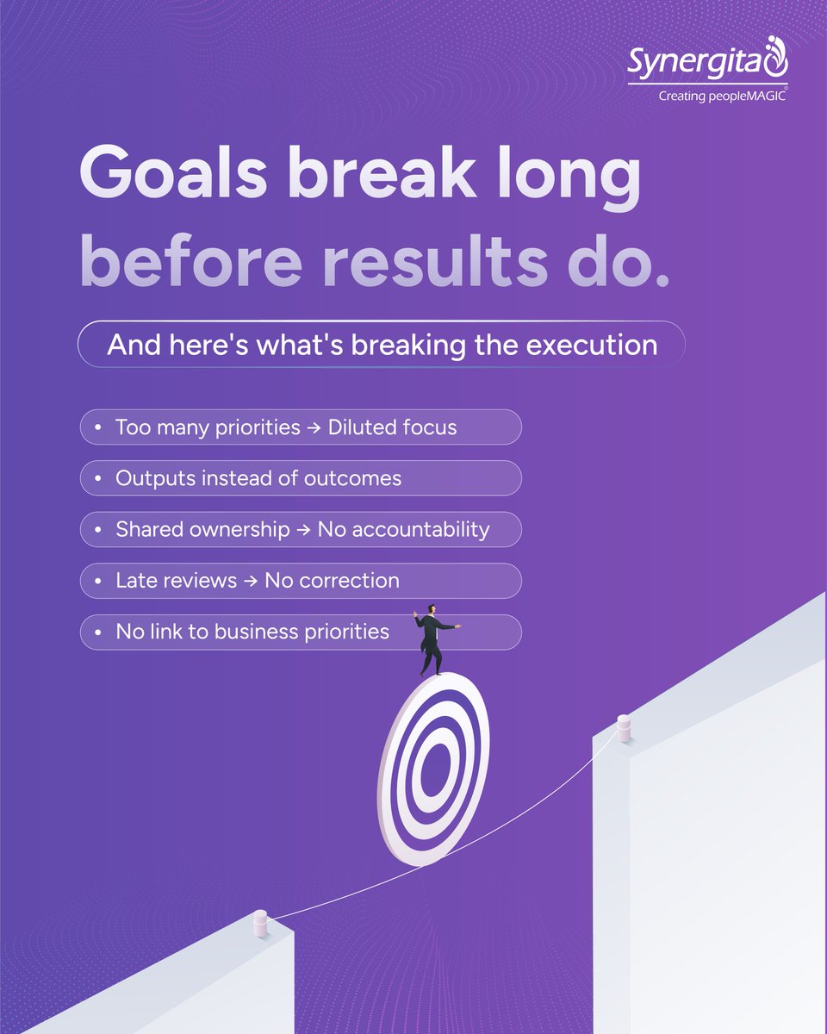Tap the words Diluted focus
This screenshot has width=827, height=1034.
coord(392,427)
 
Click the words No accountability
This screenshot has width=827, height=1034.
coord(402,529)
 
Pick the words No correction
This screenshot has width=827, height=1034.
coord(332,581)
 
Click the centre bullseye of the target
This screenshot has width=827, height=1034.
coord(432,769)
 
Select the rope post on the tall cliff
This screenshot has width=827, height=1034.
coord(624,728)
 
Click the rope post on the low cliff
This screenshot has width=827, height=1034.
coord(260,924)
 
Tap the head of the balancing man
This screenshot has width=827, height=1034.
coord(431,609)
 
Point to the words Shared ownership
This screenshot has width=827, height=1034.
coord(202,529)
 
